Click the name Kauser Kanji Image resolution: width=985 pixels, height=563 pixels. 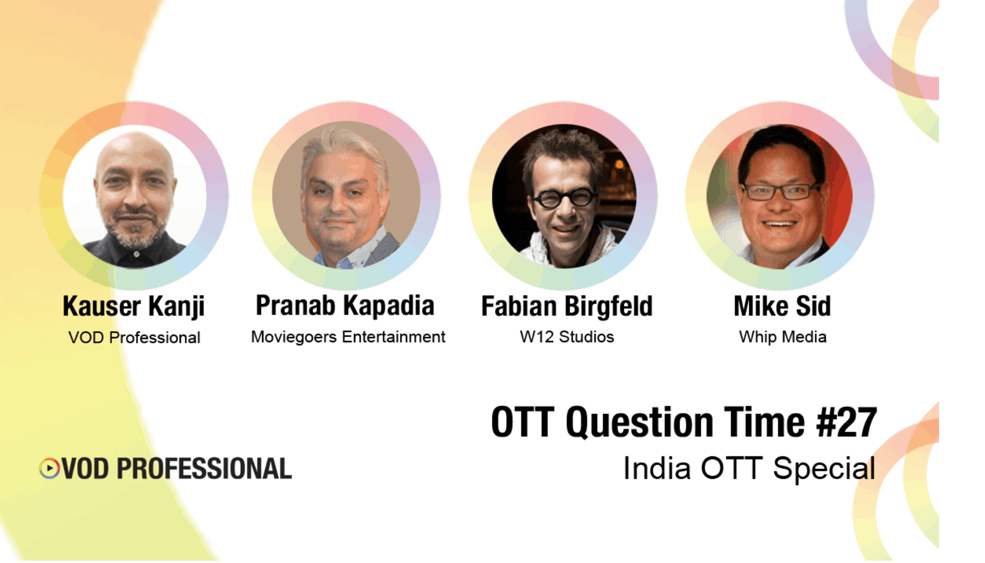tap(134, 307)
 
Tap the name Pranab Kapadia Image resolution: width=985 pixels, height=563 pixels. tap(345, 306)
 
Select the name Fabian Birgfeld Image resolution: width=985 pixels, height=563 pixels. tap(567, 307)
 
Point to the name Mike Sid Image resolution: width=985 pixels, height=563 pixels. tap(782, 306)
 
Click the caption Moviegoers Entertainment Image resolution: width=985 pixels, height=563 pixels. tap(348, 337)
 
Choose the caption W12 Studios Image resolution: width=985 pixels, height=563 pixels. tap(567, 337)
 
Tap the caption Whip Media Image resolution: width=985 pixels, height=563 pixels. tap(782, 337)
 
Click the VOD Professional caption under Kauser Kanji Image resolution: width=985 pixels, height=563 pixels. tap(134, 337)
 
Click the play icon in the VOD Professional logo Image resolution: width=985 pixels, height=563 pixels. tap(49, 468)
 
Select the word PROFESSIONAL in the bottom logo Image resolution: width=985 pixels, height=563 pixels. tap(204, 469)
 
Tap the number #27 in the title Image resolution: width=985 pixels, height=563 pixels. tap(847, 422)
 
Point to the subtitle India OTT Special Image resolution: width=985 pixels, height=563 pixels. tap(749, 469)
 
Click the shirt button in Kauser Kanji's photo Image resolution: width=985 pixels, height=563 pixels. tap(137, 254)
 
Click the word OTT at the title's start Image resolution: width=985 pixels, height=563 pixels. tap(523, 422)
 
